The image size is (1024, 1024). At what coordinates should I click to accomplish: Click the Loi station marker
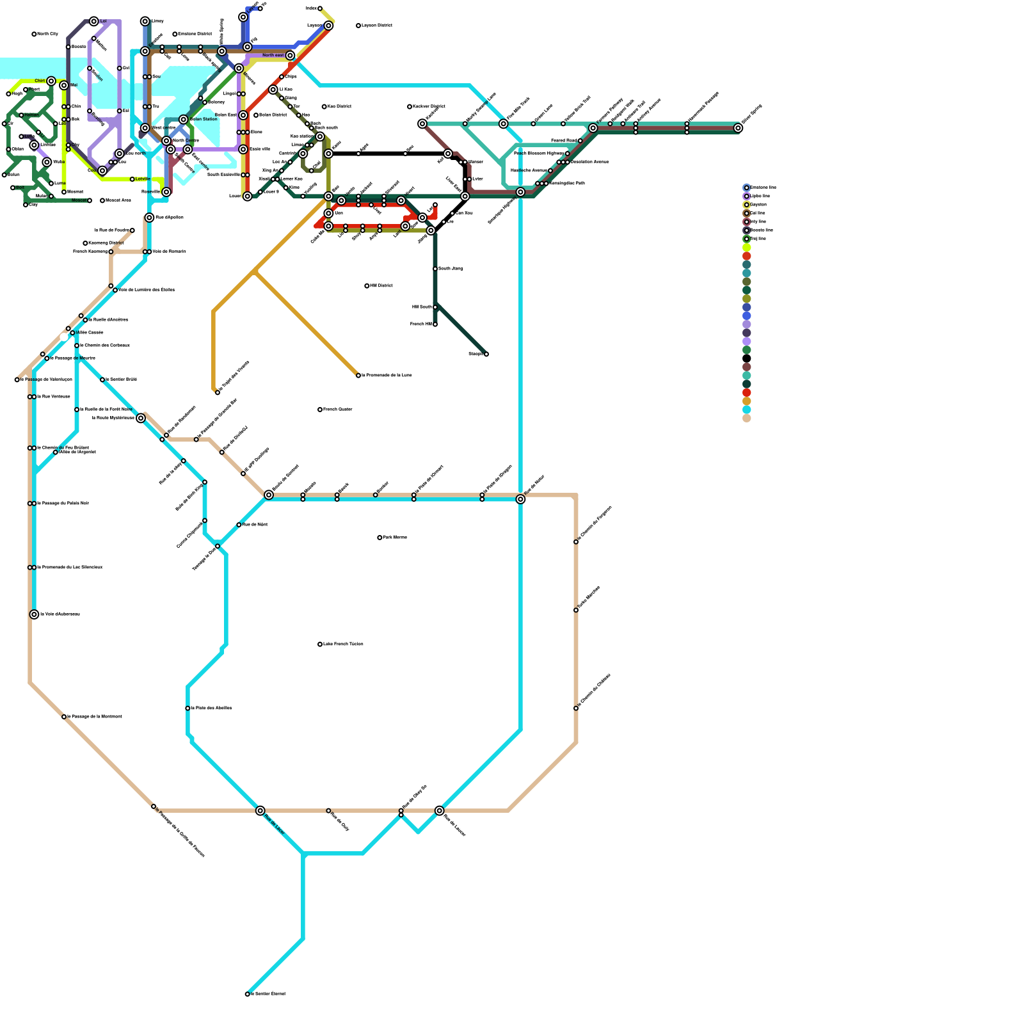click(94, 21)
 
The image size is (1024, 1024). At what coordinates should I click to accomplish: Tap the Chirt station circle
click(51, 81)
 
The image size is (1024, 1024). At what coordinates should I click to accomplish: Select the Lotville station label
click(143, 179)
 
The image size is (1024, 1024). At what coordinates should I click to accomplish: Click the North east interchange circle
click(291, 56)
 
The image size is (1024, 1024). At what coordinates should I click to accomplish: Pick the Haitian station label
click(31, 115)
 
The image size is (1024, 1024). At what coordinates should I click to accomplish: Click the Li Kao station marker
click(273, 90)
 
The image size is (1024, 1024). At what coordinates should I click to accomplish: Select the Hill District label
click(381, 285)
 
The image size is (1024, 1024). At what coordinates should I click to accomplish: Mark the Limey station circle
click(145, 21)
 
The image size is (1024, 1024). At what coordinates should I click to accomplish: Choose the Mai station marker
click(64, 85)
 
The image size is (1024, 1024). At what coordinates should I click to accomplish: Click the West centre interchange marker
click(145, 128)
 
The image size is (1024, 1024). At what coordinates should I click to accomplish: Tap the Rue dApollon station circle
click(149, 218)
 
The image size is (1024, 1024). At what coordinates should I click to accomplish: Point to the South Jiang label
click(451, 269)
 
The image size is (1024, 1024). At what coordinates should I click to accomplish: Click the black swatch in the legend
click(746, 358)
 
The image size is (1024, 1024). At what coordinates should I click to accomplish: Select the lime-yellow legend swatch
click(746, 248)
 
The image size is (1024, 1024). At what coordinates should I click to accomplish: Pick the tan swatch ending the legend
click(746, 418)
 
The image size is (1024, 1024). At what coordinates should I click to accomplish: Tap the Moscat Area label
click(118, 200)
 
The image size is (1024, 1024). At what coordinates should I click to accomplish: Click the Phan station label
click(34, 90)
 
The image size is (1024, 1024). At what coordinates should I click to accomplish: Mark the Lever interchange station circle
click(248, 196)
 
